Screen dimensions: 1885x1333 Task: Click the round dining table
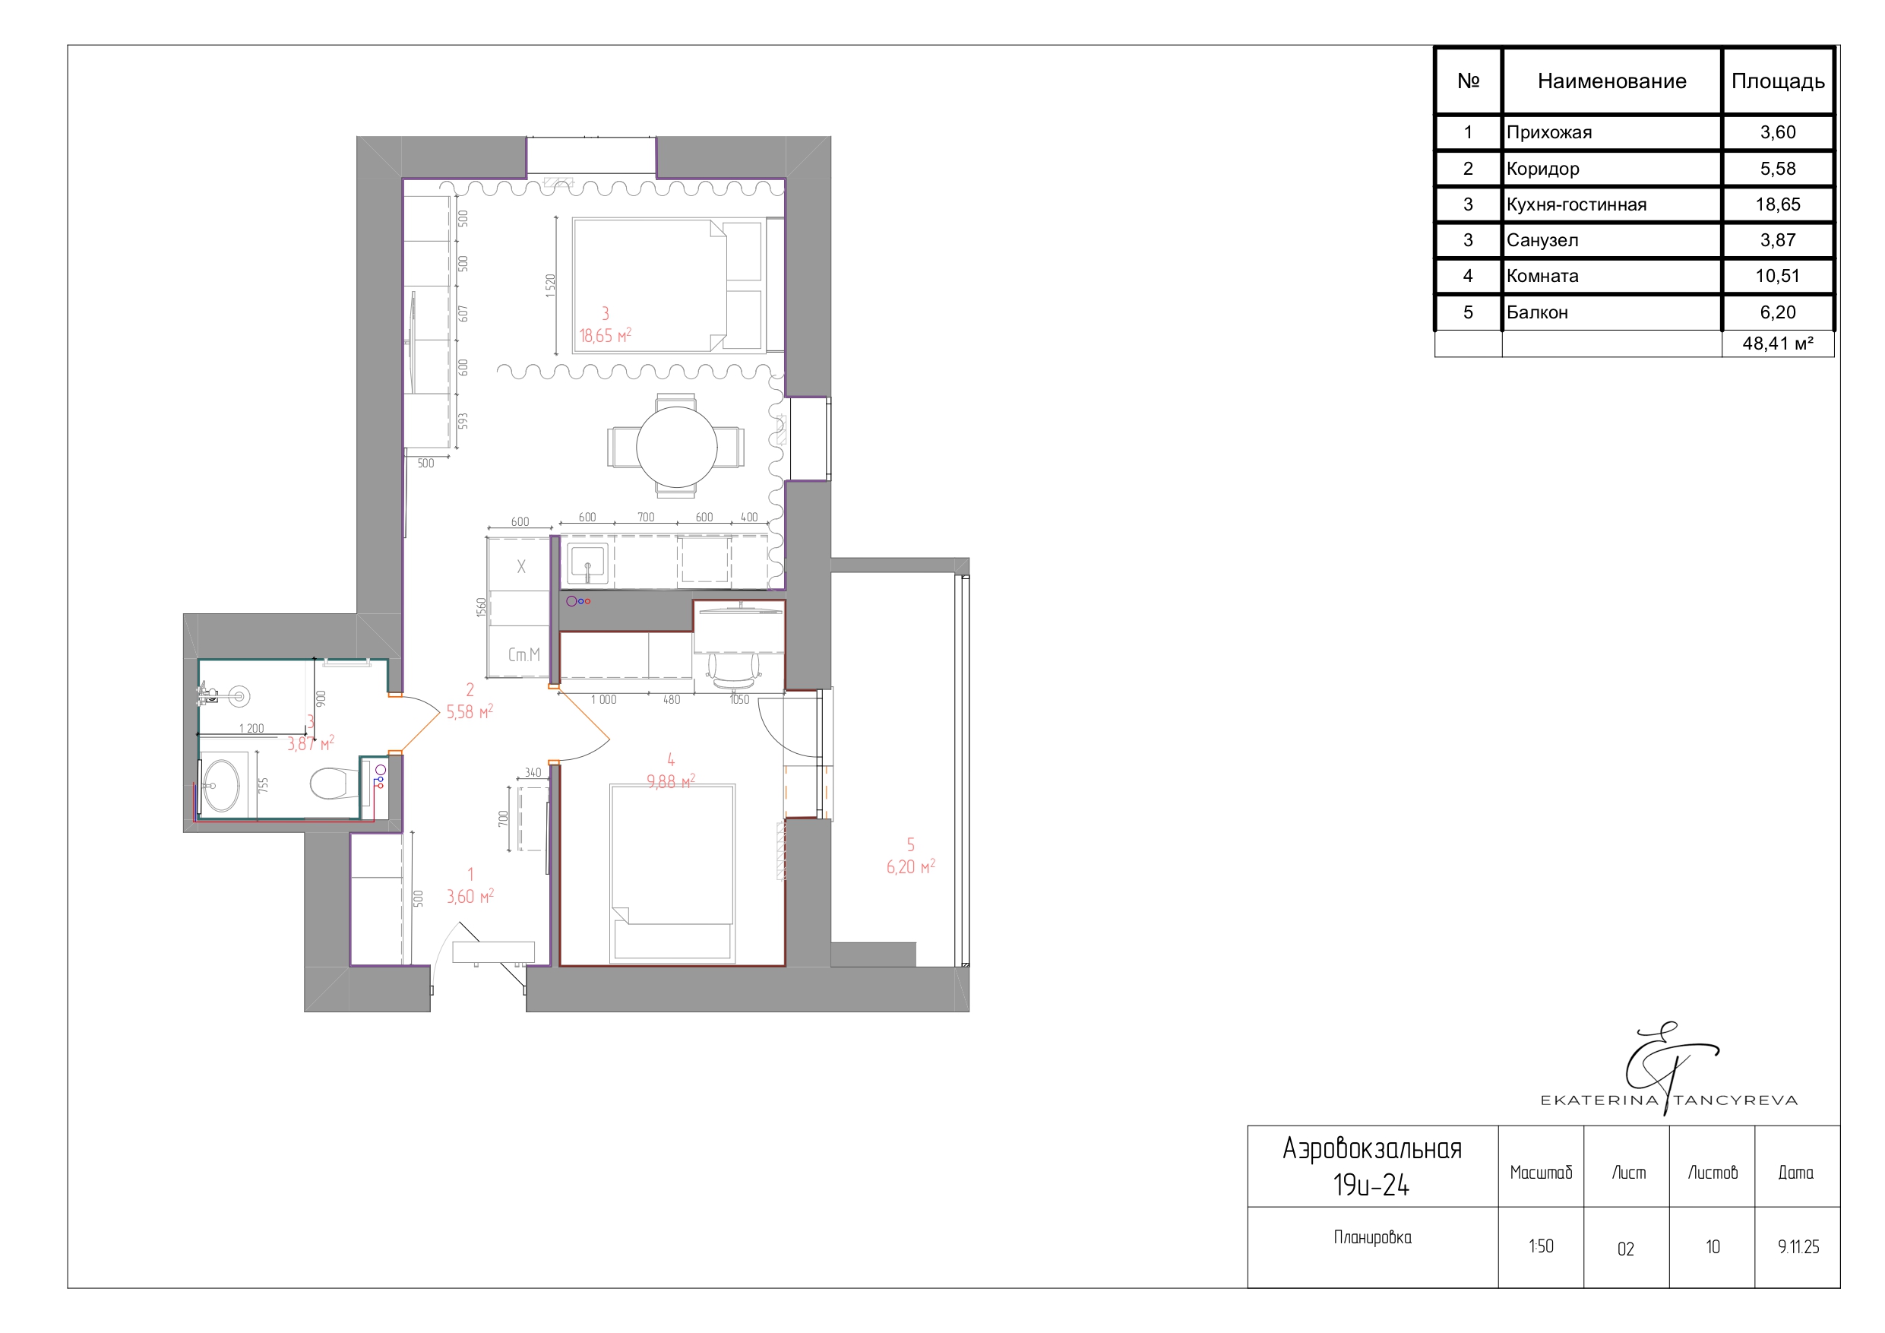coord(676,447)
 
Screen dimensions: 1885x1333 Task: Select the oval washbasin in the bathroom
coord(220,785)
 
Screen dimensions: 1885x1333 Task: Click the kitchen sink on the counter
coord(587,563)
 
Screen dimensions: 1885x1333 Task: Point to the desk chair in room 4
coord(732,670)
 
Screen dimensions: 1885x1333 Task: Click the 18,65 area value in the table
coord(1777,204)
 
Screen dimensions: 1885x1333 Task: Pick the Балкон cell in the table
coord(1537,312)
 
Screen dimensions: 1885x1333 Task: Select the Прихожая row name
coord(1549,132)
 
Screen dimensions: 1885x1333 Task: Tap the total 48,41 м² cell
coord(1777,344)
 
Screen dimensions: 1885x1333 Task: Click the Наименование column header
coord(1611,81)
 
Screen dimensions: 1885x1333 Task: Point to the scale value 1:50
coord(1541,1246)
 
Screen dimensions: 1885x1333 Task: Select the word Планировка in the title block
coord(1372,1237)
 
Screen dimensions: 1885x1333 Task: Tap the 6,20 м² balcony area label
coord(910,866)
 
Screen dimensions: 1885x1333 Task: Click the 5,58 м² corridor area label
coord(470,711)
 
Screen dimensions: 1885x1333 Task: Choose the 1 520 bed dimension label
coord(550,286)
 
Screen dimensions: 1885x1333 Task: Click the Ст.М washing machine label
coord(523,654)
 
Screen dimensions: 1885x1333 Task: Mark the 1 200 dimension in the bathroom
coord(251,729)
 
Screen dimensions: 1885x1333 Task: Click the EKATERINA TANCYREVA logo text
coord(1669,1100)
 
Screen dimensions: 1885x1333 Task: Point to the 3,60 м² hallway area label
coord(470,896)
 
